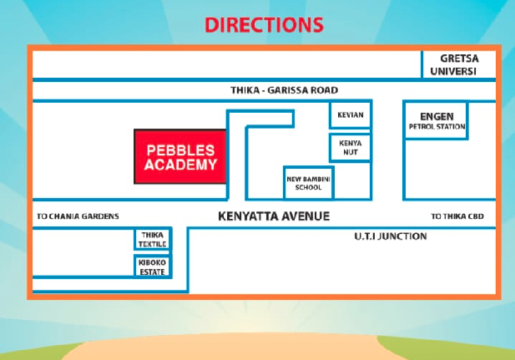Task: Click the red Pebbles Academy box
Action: [x=180, y=156]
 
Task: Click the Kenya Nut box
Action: [x=350, y=148]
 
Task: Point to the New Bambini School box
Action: [x=308, y=183]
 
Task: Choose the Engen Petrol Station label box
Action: [x=436, y=121]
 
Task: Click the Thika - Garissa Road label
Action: [x=284, y=90]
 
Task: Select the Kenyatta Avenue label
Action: [x=274, y=215]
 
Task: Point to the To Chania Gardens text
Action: [x=78, y=216]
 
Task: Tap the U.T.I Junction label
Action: [x=385, y=236]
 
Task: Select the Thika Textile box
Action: [x=152, y=239]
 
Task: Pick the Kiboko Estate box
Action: [x=152, y=266]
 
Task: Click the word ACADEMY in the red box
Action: [x=180, y=165]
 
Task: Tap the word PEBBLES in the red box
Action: [x=180, y=150]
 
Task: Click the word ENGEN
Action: [x=436, y=114]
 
